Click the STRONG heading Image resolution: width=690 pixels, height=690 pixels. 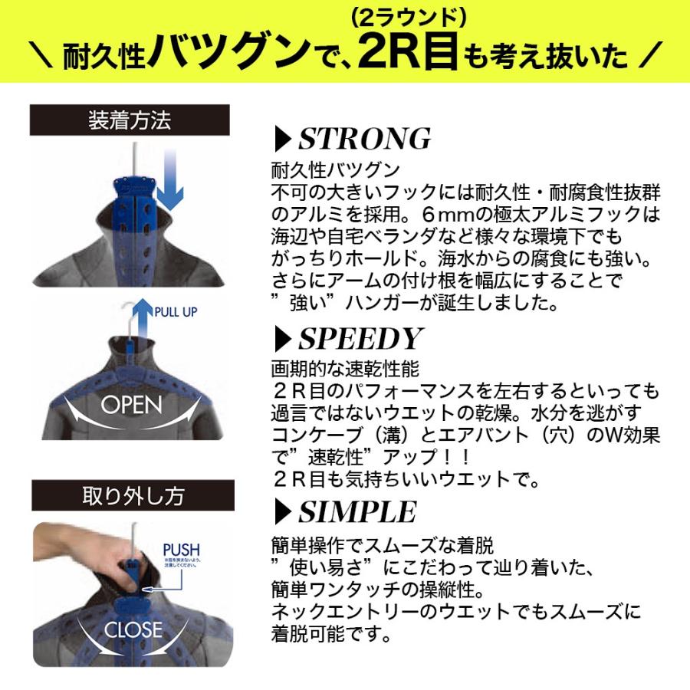(x=364, y=139)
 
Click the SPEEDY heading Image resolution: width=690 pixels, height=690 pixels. (x=360, y=339)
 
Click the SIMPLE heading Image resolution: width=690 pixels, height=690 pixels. (x=356, y=511)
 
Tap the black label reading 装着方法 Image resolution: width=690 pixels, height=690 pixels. (x=130, y=120)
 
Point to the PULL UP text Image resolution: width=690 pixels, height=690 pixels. (x=177, y=313)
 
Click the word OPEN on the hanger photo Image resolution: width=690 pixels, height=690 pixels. (x=131, y=405)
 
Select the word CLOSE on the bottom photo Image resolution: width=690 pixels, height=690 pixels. (x=133, y=629)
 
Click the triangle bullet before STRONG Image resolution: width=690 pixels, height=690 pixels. (x=282, y=140)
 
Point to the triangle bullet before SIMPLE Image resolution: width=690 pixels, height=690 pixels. (x=282, y=511)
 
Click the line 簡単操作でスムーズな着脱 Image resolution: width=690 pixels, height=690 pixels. (x=383, y=547)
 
